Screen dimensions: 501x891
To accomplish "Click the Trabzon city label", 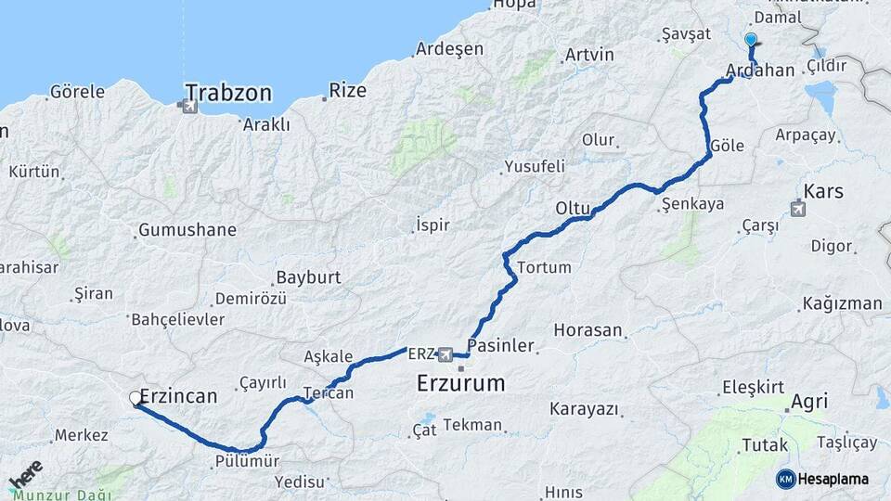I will coord(228,93).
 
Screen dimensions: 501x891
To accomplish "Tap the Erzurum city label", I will coord(461,382).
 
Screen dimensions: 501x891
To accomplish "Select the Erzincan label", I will coord(178,396).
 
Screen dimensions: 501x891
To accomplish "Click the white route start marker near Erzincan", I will coord(136,399).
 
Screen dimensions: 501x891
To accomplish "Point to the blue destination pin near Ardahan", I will coord(751,41).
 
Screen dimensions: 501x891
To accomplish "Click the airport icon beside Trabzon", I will coord(190,107).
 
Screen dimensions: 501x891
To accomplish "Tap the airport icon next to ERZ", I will coord(445,354).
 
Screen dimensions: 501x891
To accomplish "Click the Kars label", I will coord(823,191).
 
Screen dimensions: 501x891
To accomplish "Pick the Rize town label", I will coord(348,91).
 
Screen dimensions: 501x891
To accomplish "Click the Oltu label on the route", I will coord(573,207).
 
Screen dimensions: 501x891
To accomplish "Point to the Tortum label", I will coord(544,267).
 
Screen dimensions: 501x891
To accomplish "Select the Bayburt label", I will coord(308,277).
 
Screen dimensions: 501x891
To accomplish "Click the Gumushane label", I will coord(187,230).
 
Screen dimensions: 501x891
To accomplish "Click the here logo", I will coord(25,475).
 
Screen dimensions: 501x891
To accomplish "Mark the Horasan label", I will coord(588,330).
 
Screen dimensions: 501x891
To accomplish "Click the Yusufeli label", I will coord(534,167).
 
